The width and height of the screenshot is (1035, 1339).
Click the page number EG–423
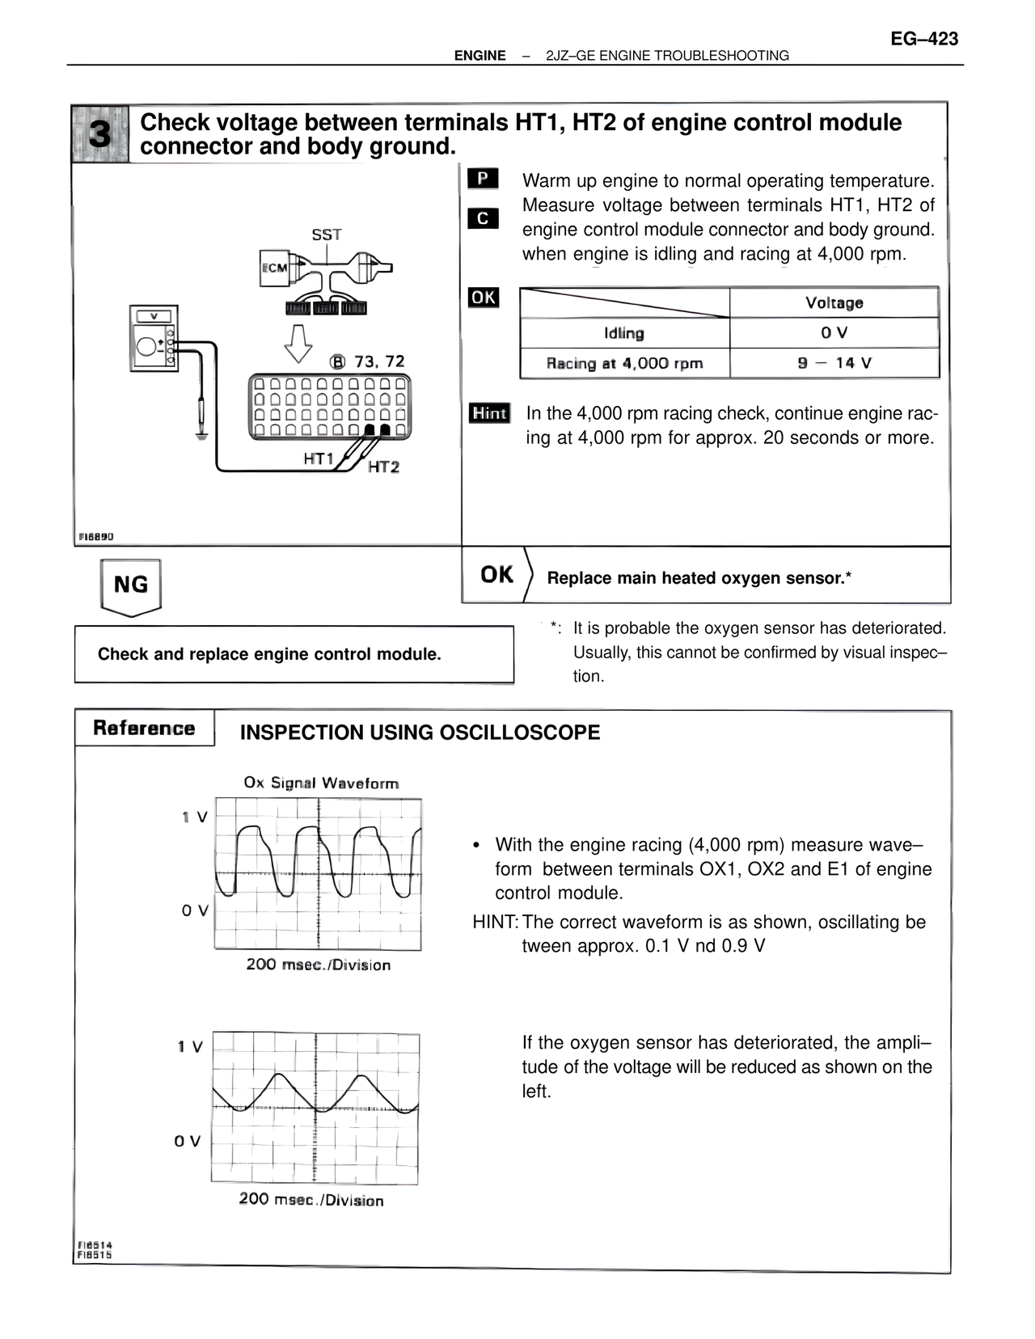[924, 38]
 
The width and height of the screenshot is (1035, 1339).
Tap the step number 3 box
[99, 134]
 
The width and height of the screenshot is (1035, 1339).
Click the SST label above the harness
[327, 234]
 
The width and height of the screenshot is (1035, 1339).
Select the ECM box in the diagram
[274, 268]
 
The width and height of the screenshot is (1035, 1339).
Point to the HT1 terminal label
[319, 458]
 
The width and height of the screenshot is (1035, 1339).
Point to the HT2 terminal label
[383, 467]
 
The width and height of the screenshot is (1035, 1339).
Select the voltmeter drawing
[154, 338]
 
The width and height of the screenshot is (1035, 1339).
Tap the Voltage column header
[834, 302]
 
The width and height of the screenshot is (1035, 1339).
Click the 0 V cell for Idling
[834, 332]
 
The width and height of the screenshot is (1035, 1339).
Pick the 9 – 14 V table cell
[834, 362]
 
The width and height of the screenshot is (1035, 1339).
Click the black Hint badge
[489, 413]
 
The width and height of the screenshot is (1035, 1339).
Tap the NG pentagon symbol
[130, 585]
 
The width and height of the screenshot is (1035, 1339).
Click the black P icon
[483, 179]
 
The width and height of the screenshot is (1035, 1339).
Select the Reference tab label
[144, 728]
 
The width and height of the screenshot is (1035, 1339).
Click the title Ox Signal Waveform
[321, 783]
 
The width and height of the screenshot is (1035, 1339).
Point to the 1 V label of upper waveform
[194, 817]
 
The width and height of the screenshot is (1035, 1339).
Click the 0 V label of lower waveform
[187, 1141]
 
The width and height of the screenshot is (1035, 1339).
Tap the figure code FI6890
[95, 536]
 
